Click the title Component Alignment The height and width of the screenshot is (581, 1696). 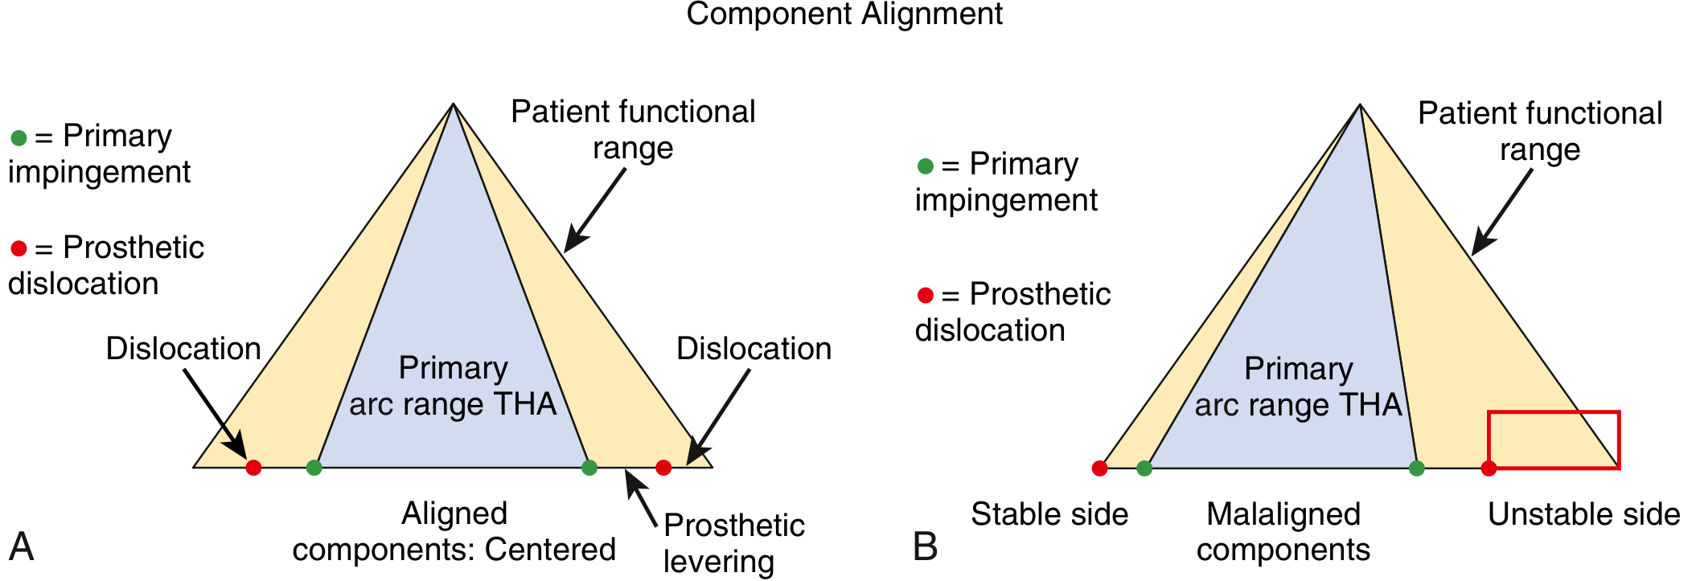point(844,14)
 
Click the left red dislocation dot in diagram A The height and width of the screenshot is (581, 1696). point(253,468)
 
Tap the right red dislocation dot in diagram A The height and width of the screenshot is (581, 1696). point(663,468)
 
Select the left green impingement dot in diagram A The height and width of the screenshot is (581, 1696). point(314,468)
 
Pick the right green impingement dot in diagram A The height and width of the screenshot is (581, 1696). point(589,468)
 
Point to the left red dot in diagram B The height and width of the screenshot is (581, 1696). point(1099,468)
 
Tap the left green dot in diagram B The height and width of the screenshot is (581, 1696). point(1144,468)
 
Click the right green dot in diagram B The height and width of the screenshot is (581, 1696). point(1417,468)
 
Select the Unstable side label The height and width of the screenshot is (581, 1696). point(1583,514)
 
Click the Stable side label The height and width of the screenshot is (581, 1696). point(1049,514)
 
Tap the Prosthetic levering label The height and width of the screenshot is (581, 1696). point(733,543)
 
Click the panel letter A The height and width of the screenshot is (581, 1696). point(21,546)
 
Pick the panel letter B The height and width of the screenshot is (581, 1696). point(926,546)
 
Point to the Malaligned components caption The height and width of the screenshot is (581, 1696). point(1283,532)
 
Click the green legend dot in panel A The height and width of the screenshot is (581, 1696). point(18,138)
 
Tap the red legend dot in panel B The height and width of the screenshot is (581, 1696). point(926,296)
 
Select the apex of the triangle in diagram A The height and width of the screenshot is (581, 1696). point(454,104)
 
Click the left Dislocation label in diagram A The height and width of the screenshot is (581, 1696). point(183,349)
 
